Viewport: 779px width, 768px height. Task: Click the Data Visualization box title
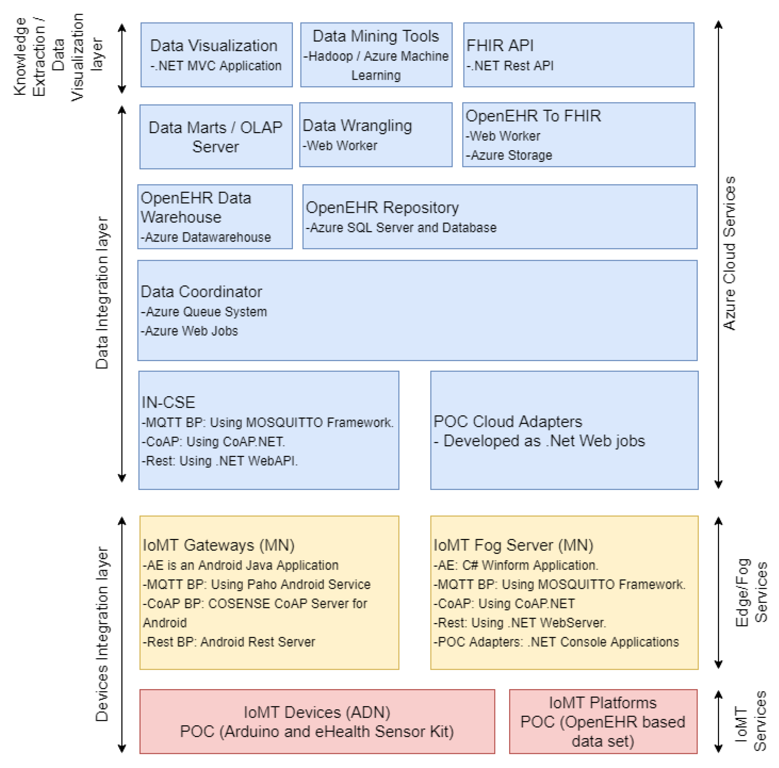click(x=214, y=45)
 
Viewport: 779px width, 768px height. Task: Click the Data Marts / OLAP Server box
click(x=216, y=137)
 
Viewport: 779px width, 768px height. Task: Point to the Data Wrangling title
click(x=357, y=126)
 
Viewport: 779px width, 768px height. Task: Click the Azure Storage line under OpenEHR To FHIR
click(x=509, y=155)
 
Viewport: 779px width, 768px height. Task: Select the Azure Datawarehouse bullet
click(x=206, y=237)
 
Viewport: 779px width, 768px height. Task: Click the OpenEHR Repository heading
click(x=382, y=208)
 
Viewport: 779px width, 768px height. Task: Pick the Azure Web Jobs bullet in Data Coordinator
click(x=190, y=331)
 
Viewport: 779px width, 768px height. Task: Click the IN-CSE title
click(x=168, y=402)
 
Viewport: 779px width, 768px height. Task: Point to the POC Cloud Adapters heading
click(x=508, y=422)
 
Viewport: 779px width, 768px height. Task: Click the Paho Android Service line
click(x=256, y=584)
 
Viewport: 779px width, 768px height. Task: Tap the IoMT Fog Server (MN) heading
click(x=513, y=545)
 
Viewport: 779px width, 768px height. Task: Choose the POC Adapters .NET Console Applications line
click(x=556, y=642)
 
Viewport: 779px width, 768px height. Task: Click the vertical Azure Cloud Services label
click(x=729, y=253)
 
